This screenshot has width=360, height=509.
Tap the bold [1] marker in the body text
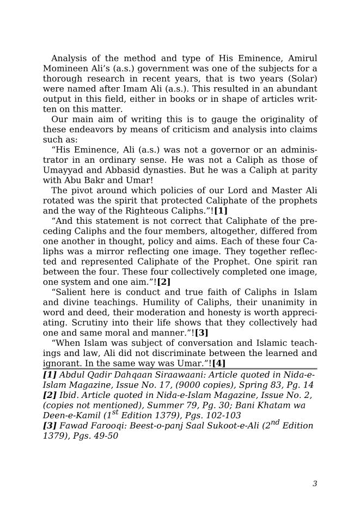click(221, 211)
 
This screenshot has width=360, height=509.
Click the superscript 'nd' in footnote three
click(274, 422)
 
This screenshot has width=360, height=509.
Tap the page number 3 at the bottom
click(315, 484)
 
